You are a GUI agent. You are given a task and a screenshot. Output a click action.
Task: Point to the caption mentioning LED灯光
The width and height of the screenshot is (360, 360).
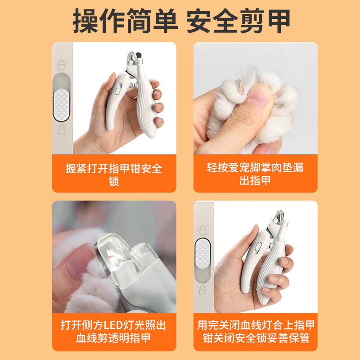click(113, 331)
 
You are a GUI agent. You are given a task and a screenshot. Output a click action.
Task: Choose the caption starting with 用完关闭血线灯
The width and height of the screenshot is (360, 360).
click(256, 331)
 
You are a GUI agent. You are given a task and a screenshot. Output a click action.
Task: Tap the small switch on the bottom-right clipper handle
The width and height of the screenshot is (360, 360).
click(258, 248)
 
